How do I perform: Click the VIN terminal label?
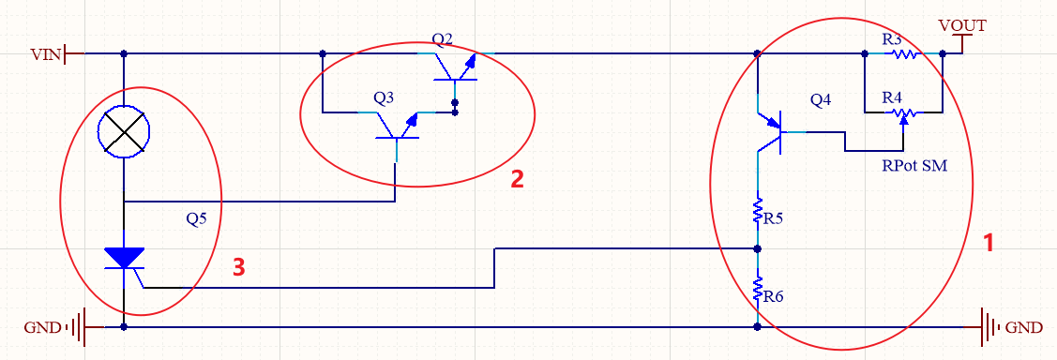click(x=46, y=53)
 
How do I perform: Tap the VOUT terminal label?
click(x=962, y=25)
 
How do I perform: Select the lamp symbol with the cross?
click(x=124, y=131)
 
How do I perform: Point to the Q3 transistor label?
click(x=384, y=97)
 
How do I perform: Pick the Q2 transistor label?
click(x=443, y=38)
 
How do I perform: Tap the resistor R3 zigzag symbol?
click(x=905, y=53)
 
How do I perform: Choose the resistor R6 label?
click(x=773, y=296)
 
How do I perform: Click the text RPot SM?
click(x=914, y=166)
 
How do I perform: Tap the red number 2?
click(x=517, y=179)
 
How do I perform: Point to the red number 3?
click(x=238, y=267)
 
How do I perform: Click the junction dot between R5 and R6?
click(x=758, y=248)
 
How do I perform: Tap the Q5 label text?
click(x=196, y=219)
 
